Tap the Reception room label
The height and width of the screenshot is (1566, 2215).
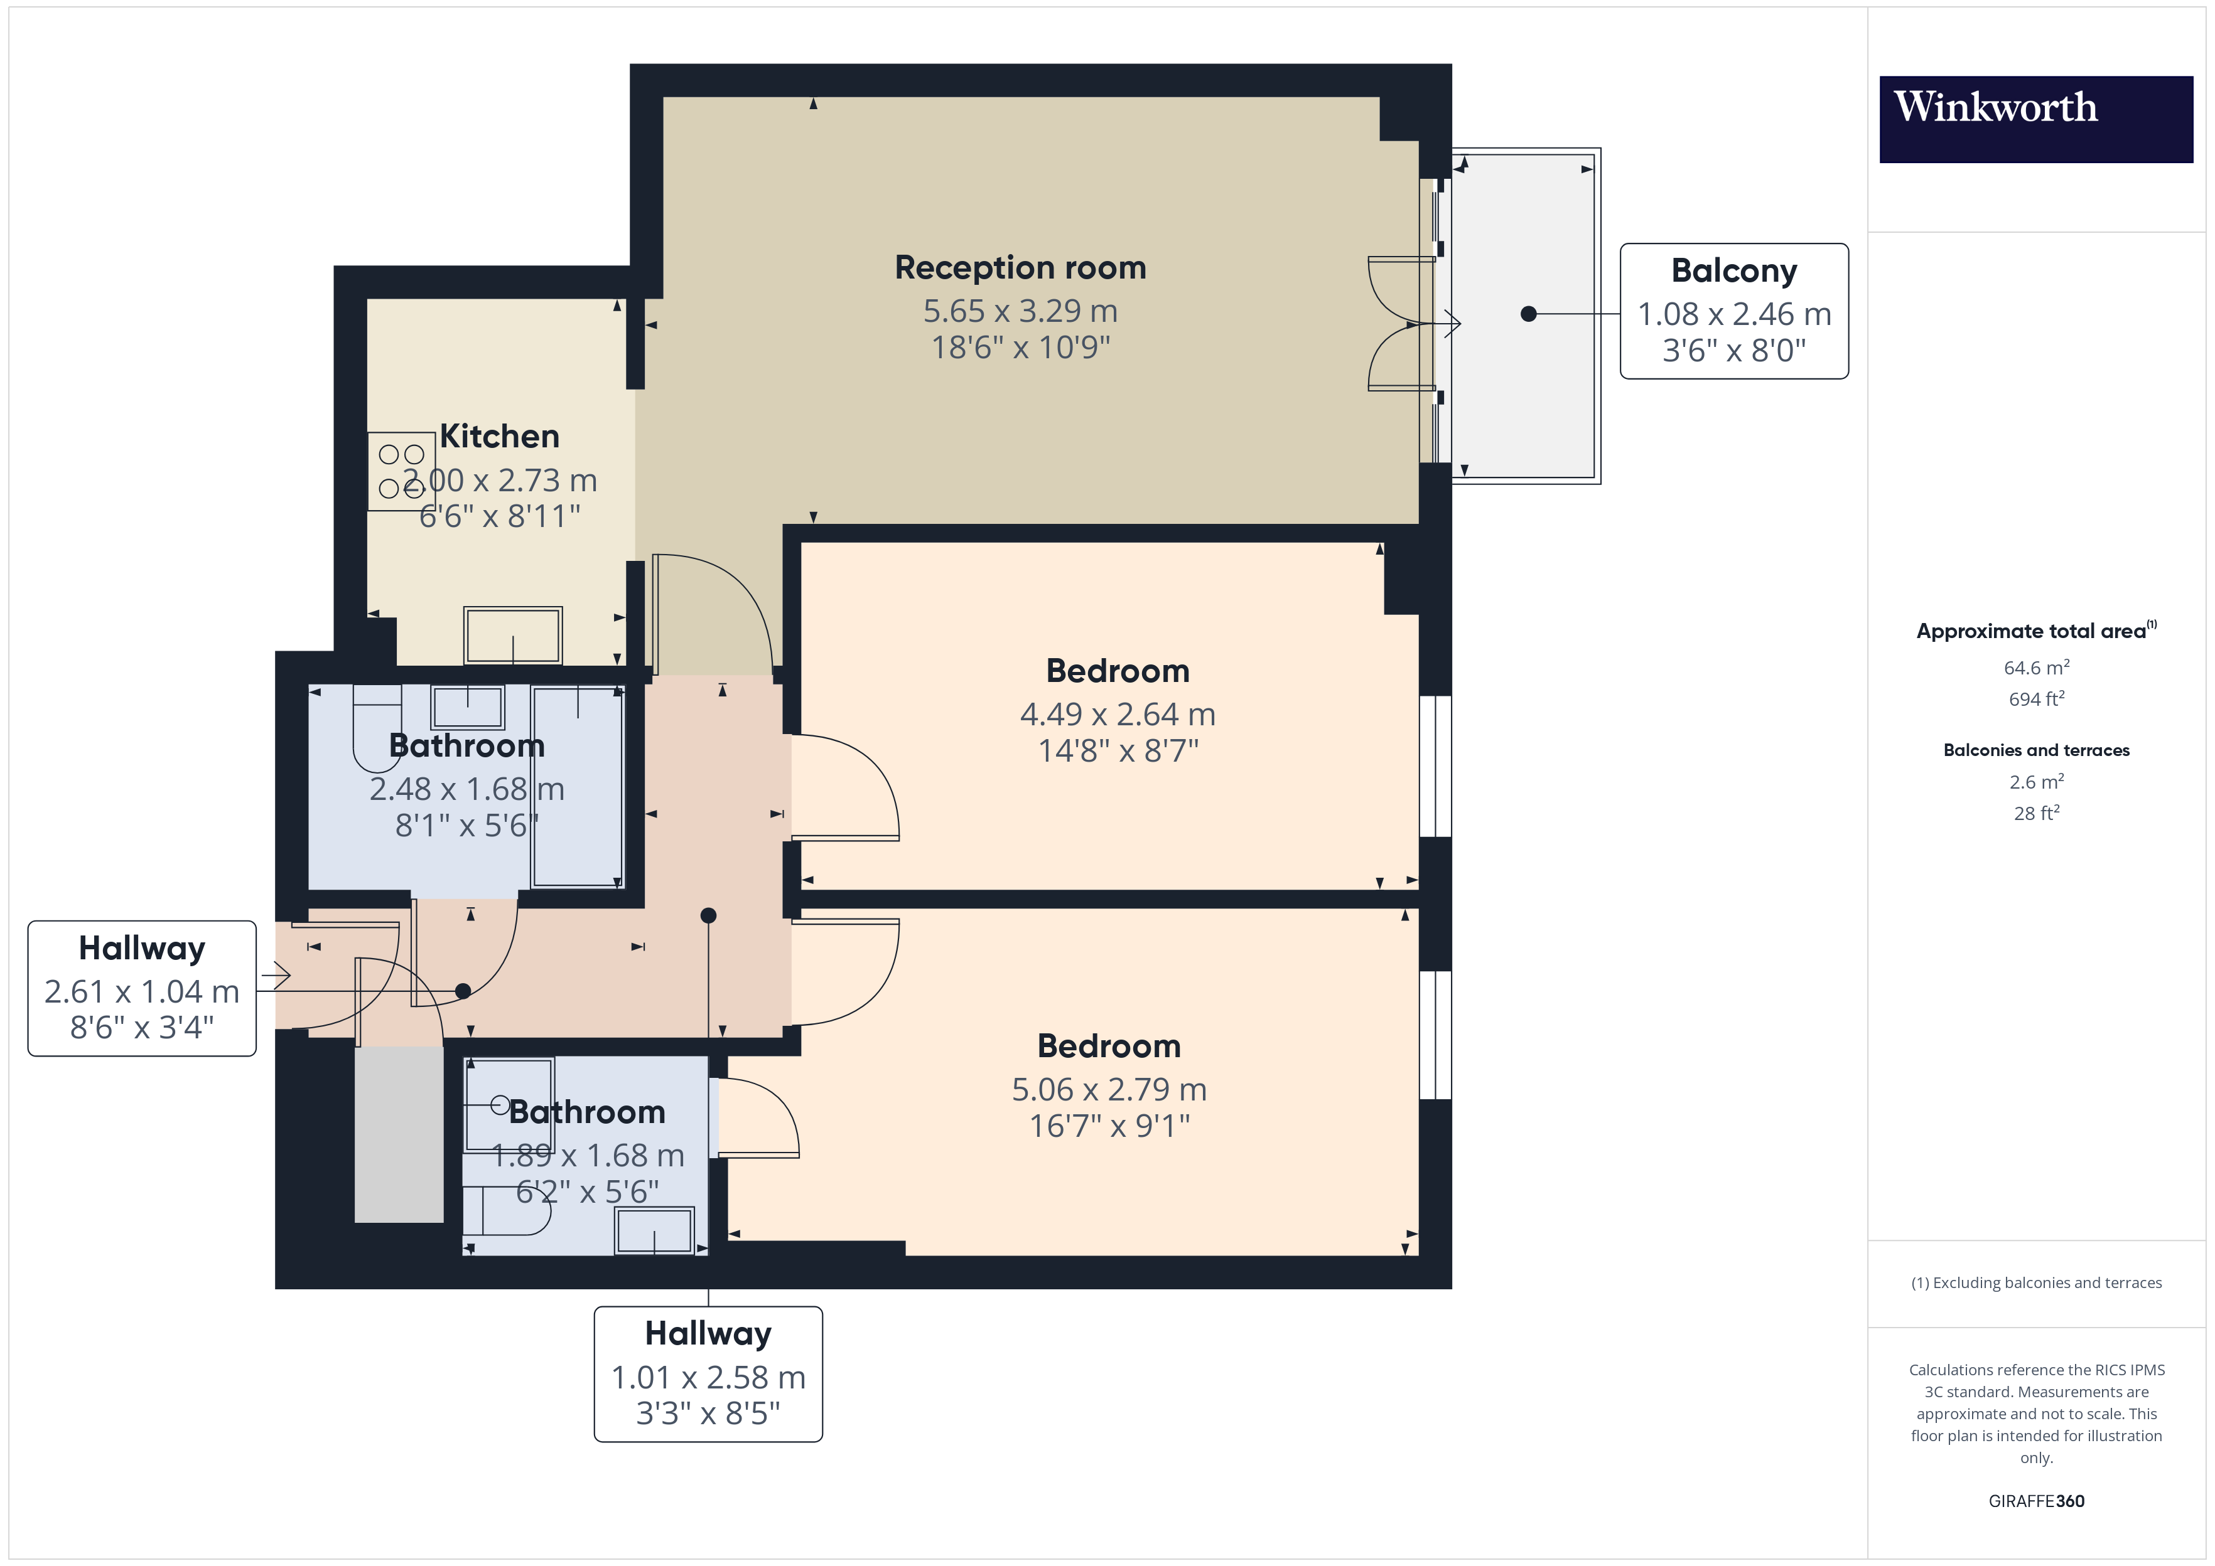click(x=1020, y=267)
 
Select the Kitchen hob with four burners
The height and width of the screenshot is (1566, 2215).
click(x=401, y=471)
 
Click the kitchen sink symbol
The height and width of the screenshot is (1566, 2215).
click(x=512, y=634)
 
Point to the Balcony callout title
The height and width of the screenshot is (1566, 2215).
click(x=1733, y=271)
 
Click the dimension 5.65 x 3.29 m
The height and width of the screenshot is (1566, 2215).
click(x=1020, y=311)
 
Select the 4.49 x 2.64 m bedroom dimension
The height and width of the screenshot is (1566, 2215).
click(x=1117, y=715)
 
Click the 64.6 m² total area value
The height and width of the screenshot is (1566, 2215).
click(x=2035, y=668)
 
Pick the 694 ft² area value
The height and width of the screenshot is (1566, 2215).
click(x=2035, y=699)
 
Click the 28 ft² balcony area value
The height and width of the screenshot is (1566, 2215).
click(x=2035, y=813)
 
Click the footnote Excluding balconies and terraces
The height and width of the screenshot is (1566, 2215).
click(x=2035, y=1282)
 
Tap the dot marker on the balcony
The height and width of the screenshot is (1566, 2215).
click(x=1528, y=314)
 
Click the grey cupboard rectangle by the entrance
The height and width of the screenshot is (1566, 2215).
click(x=399, y=1135)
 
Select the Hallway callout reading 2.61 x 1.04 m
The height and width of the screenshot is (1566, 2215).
click(x=142, y=988)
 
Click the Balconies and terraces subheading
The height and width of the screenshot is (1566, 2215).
click(x=2035, y=750)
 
